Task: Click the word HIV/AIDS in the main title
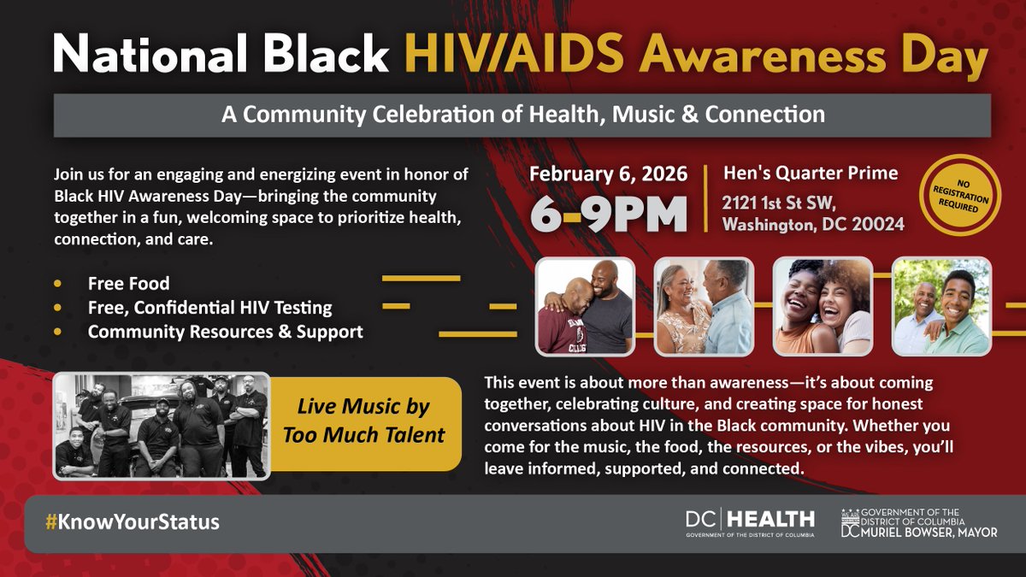coord(492,56)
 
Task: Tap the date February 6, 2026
coord(608,174)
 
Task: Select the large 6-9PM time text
coord(608,215)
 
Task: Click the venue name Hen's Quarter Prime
coord(811,174)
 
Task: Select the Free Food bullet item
coord(128,283)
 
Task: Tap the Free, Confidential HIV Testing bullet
coord(209,307)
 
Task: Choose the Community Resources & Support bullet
coord(225,332)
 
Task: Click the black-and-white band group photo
coord(161,425)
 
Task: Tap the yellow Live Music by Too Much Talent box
coord(369,422)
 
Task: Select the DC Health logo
coord(749,522)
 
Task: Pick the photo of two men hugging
coord(585,307)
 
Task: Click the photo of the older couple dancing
coord(704,307)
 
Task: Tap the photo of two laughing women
coord(823,307)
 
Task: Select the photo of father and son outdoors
coord(941,307)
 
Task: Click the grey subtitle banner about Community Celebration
coord(522,115)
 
